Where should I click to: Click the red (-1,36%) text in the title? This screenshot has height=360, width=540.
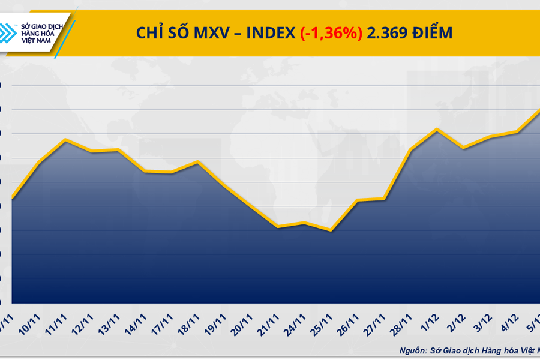pos(331,34)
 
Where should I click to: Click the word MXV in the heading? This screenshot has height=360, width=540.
pos(210,34)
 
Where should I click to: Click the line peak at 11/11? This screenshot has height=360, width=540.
pos(65,140)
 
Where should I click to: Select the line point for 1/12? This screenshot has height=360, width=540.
pos(437,129)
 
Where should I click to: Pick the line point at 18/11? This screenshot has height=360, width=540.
pos(197,161)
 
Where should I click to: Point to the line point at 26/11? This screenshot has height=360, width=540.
pos(358,200)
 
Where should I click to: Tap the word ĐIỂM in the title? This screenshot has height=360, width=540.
pos(431,34)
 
